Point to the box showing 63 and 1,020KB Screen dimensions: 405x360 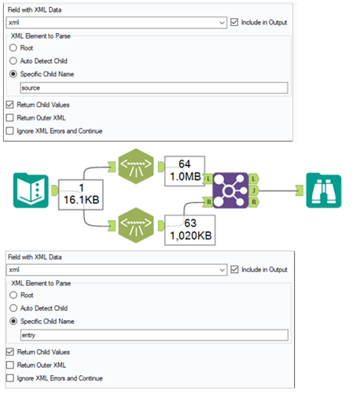(x=189, y=227)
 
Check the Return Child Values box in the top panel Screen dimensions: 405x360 (x=9, y=104)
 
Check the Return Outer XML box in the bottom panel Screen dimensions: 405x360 (x=9, y=365)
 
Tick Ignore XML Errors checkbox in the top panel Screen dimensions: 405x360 (x=9, y=131)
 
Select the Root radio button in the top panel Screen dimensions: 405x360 (x=14, y=47)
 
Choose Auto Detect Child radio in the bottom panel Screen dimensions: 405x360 (x=14, y=307)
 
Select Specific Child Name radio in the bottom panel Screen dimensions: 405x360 (x=14, y=321)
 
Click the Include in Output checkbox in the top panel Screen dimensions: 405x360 (x=236, y=22)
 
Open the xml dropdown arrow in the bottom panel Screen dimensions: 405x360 (x=222, y=270)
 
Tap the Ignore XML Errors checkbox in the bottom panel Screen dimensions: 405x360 (x=9, y=378)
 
